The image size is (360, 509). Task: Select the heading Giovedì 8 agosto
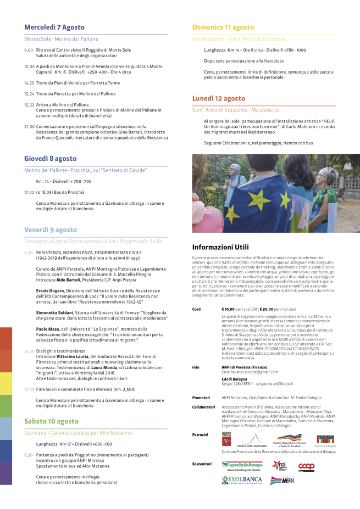[x=50, y=158]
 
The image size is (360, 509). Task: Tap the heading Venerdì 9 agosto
[x=51, y=230]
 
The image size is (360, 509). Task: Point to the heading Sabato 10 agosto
[x=51, y=421]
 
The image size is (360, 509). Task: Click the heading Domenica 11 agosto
[x=223, y=27]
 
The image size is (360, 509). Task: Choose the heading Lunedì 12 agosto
[x=218, y=98]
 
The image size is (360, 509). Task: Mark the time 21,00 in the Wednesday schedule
[x=29, y=126]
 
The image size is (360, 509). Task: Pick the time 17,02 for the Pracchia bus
[x=29, y=192]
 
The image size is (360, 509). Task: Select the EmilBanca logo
[x=242, y=480]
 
